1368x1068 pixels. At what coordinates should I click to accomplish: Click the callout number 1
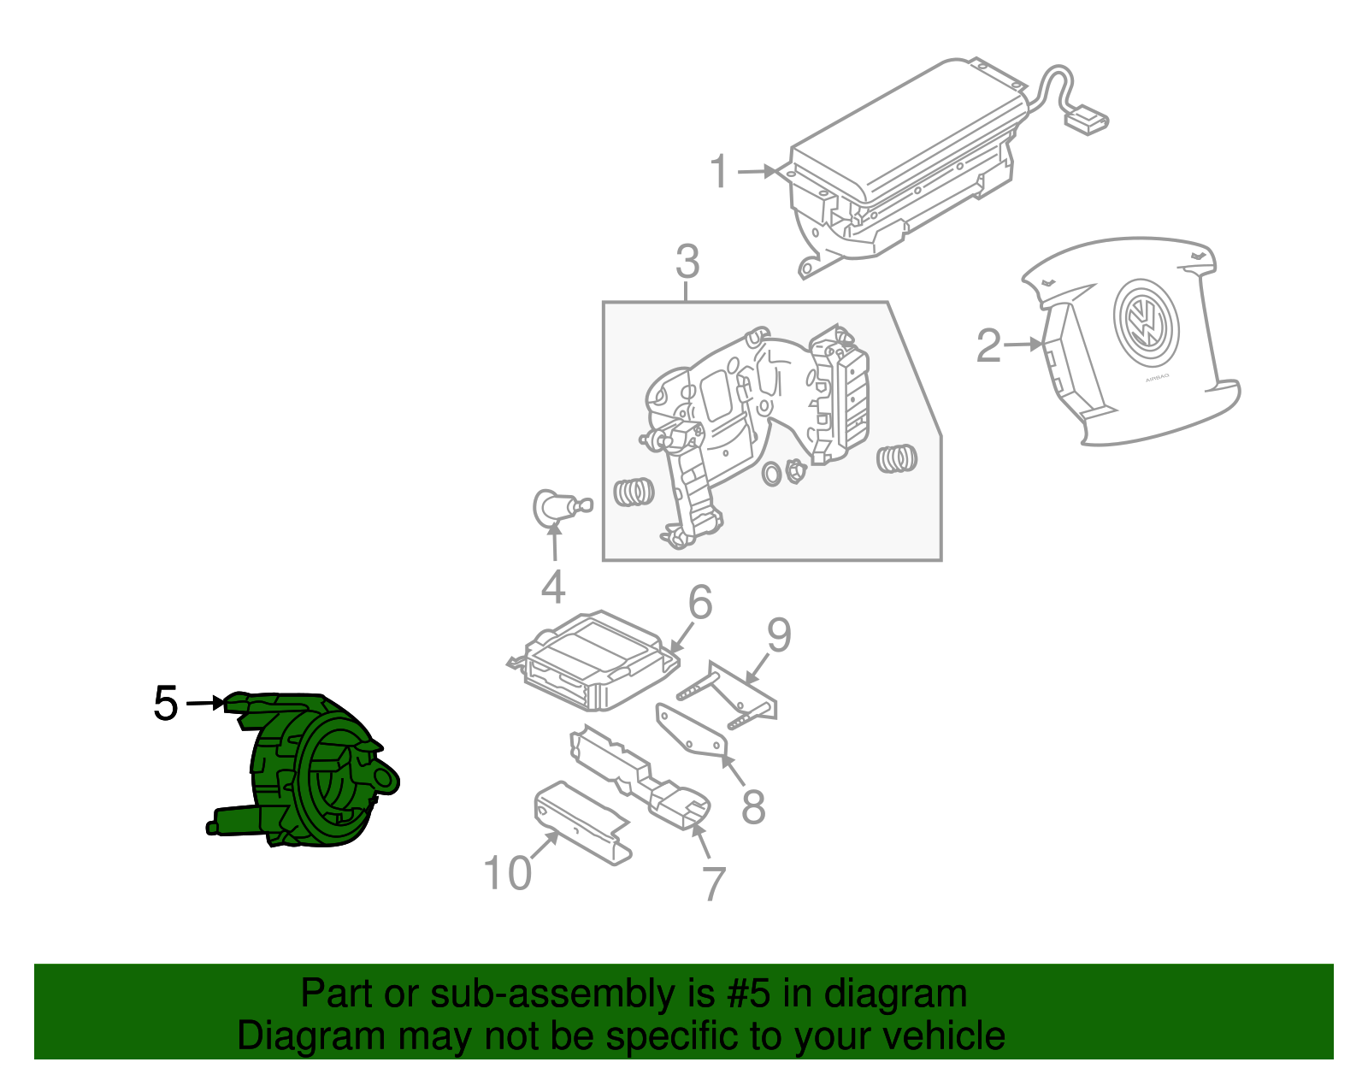pyautogui.click(x=719, y=172)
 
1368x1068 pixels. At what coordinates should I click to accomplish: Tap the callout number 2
pyautogui.click(x=988, y=345)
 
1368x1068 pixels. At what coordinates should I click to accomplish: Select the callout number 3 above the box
pyautogui.click(x=687, y=262)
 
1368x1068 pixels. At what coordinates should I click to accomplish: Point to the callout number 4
pyautogui.click(x=553, y=587)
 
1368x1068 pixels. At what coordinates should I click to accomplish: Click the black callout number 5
pyautogui.click(x=166, y=704)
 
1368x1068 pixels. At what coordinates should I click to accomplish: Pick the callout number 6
pyautogui.click(x=700, y=603)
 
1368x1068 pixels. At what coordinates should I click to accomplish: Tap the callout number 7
pyautogui.click(x=714, y=883)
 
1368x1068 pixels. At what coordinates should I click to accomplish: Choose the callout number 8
pyautogui.click(x=752, y=806)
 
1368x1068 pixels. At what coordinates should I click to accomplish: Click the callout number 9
pyautogui.click(x=779, y=635)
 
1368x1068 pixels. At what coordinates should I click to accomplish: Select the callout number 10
pyautogui.click(x=508, y=873)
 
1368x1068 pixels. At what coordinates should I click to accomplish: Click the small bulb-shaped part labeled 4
pyautogui.click(x=551, y=506)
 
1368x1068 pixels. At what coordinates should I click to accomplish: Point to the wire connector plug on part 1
pyautogui.click(x=1086, y=121)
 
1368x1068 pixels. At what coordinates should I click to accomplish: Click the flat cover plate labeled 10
pyautogui.click(x=581, y=821)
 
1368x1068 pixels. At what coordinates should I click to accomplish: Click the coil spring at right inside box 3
pyautogui.click(x=897, y=458)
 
